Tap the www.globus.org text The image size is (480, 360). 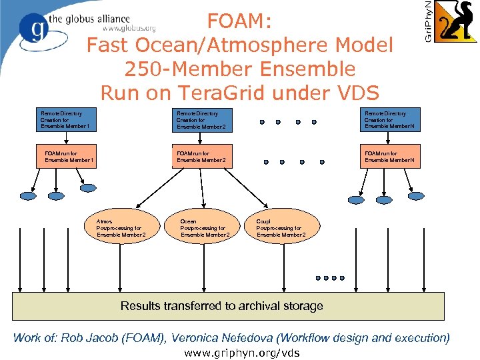(x=129, y=29)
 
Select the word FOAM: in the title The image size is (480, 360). (x=239, y=22)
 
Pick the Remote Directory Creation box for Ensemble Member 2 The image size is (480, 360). (x=205, y=120)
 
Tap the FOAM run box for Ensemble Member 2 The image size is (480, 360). (x=205, y=157)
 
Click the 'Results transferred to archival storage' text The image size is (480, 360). (x=222, y=306)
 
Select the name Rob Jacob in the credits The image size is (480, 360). (x=87, y=338)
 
